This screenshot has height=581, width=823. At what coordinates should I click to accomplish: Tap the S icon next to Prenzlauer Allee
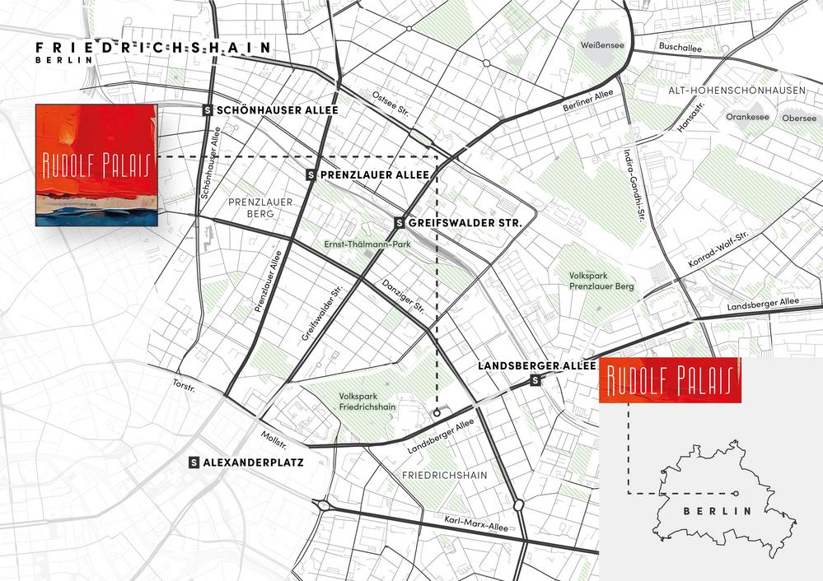pyautogui.click(x=311, y=175)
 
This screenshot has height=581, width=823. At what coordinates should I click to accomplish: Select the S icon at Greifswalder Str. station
pyautogui.click(x=400, y=222)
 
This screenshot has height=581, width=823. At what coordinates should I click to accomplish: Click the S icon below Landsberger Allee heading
pyautogui.click(x=536, y=380)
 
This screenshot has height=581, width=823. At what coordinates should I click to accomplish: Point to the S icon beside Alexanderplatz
pyautogui.click(x=194, y=462)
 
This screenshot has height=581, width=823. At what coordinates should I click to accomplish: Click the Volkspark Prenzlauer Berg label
pyautogui.click(x=601, y=281)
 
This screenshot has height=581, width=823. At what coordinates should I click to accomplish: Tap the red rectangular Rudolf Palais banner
pyautogui.click(x=670, y=381)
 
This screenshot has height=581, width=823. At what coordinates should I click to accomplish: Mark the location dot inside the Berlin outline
pyautogui.click(x=735, y=493)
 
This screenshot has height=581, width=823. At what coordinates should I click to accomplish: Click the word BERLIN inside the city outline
pyautogui.click(x=718, y=511)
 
